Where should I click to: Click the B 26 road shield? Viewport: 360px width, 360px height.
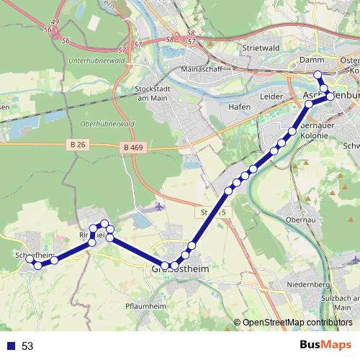(80, 145)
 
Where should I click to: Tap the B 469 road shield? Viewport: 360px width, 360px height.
(131, 148)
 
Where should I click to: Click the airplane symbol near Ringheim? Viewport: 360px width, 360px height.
(159, 207)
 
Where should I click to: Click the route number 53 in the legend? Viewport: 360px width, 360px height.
(27, 346)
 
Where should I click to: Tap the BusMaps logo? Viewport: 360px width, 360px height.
(324, 346)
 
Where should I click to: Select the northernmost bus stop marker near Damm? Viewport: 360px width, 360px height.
(318, 75)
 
